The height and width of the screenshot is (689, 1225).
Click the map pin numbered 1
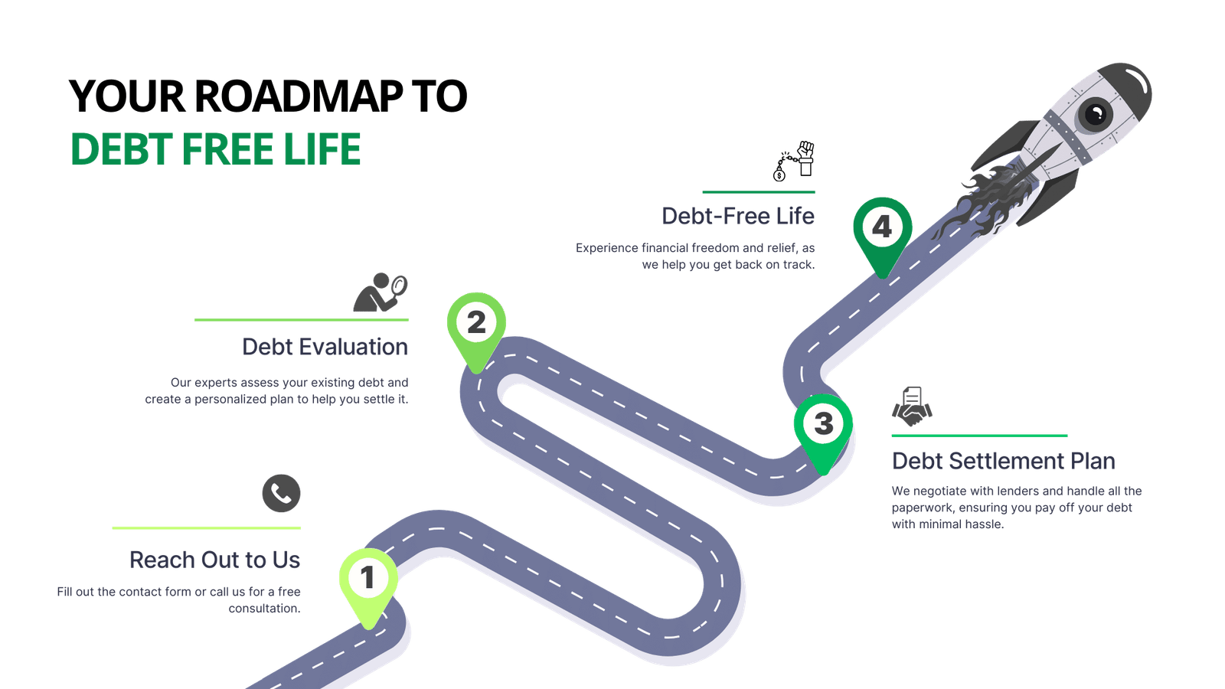(368, 583)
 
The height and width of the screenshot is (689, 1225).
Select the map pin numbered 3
(823, 428)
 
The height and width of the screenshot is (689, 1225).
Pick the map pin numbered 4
(883, 232)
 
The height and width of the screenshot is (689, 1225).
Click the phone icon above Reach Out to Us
(281, 493)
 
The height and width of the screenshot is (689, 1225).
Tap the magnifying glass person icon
(380, 292)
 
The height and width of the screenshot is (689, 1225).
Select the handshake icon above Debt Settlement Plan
(912, 407)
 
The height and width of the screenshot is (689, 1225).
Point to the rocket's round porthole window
(1096, 114)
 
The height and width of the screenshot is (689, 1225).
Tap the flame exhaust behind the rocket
(985, 202)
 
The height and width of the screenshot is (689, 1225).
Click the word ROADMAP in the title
(298, 96)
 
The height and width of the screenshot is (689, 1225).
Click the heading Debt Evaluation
(325, 347)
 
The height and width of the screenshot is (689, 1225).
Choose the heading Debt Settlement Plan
(1004, 461)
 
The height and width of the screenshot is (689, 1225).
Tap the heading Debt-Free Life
(738, 216)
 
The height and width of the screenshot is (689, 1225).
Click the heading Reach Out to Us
(215, 560)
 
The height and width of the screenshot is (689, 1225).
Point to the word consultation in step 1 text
(264, 609)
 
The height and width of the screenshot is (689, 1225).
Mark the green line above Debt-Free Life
(759, 192)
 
